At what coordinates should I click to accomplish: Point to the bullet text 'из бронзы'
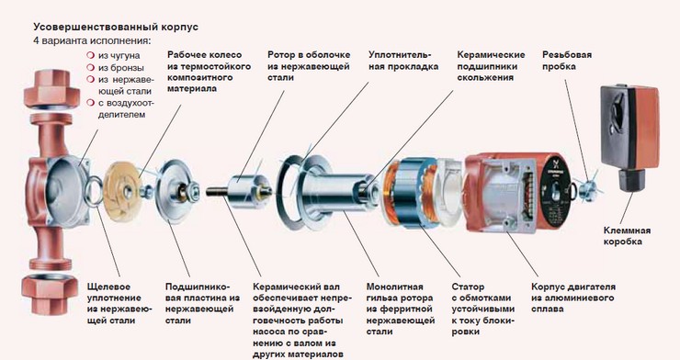120,67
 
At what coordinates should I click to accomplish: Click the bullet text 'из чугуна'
119,55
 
